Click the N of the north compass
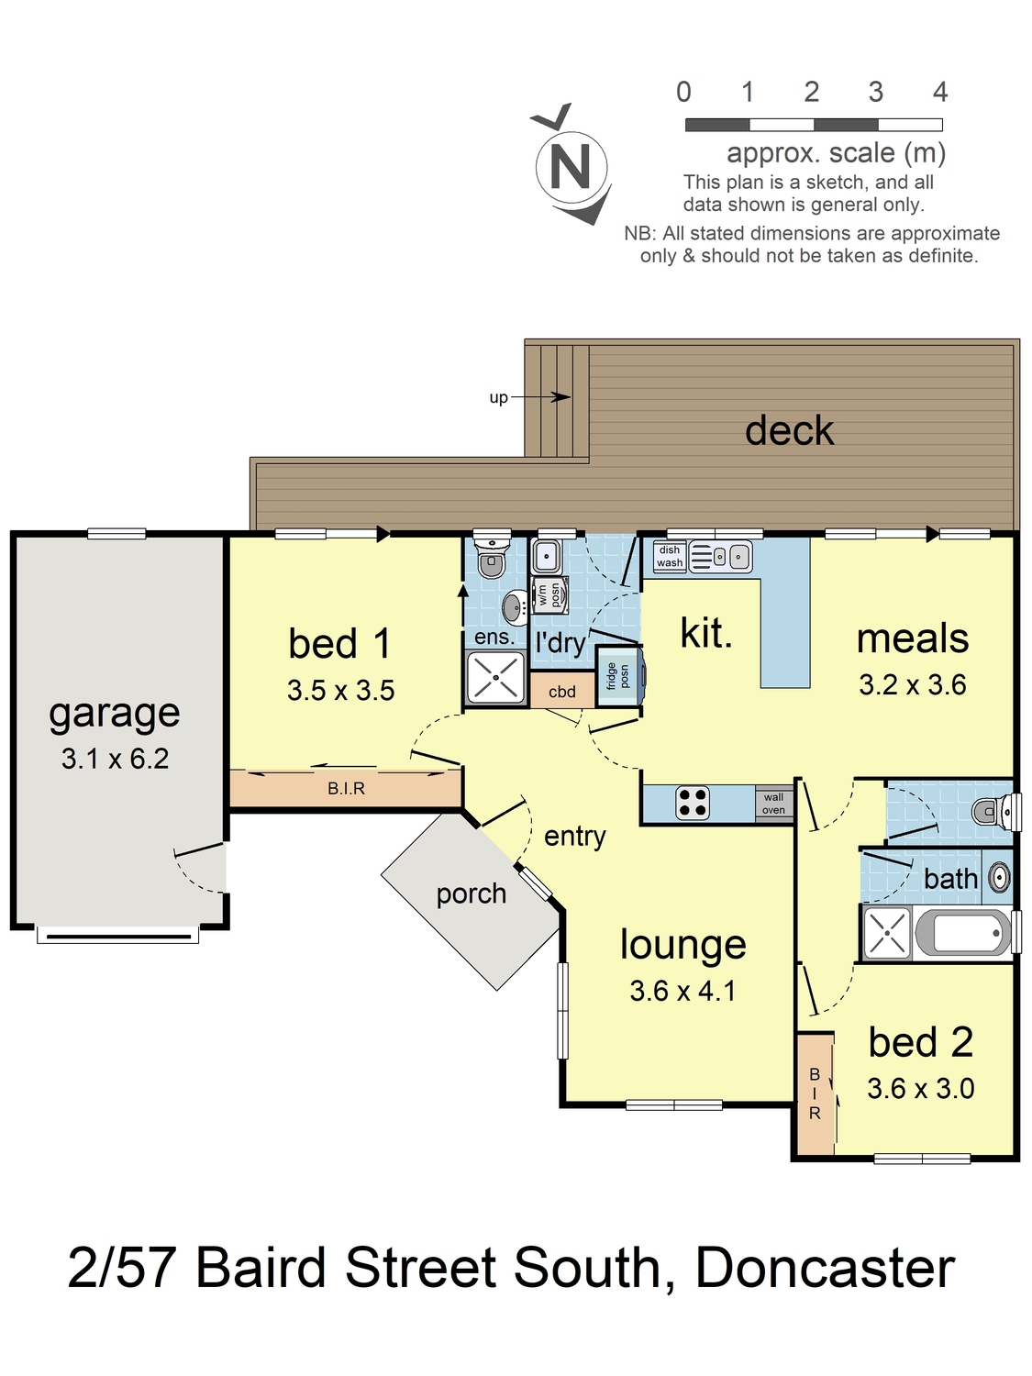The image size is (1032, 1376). coord(570,166)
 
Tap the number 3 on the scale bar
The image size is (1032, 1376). coord(875,92)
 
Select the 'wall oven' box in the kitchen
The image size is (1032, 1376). coord(774,804)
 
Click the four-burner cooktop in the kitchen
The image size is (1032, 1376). coord(693,803)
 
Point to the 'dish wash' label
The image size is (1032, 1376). coord(670,556)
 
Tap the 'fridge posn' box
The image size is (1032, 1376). coord(618,676)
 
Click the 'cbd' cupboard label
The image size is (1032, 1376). coord(562,692)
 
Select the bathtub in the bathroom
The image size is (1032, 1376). coord(963,933)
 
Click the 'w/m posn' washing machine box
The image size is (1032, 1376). coord(549,594)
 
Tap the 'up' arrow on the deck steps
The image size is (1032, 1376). coord(540,397)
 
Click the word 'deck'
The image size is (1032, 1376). coord(789,430)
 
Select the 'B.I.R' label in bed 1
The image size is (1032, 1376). coord(346,789)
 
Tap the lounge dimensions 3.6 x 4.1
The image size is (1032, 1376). coord(683,991)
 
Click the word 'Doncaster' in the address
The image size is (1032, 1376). coord(825,1268)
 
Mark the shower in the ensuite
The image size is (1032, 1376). coord(495,678)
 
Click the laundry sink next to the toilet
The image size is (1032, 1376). coord(547,555)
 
